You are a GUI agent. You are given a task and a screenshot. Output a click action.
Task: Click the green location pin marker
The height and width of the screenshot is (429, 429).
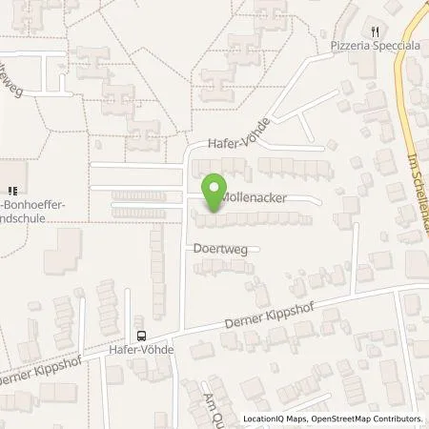pyautogui.click(x=214, y=188)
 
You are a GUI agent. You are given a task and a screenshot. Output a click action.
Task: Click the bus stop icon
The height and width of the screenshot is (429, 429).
pyautogui.click(x=141, y=335)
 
